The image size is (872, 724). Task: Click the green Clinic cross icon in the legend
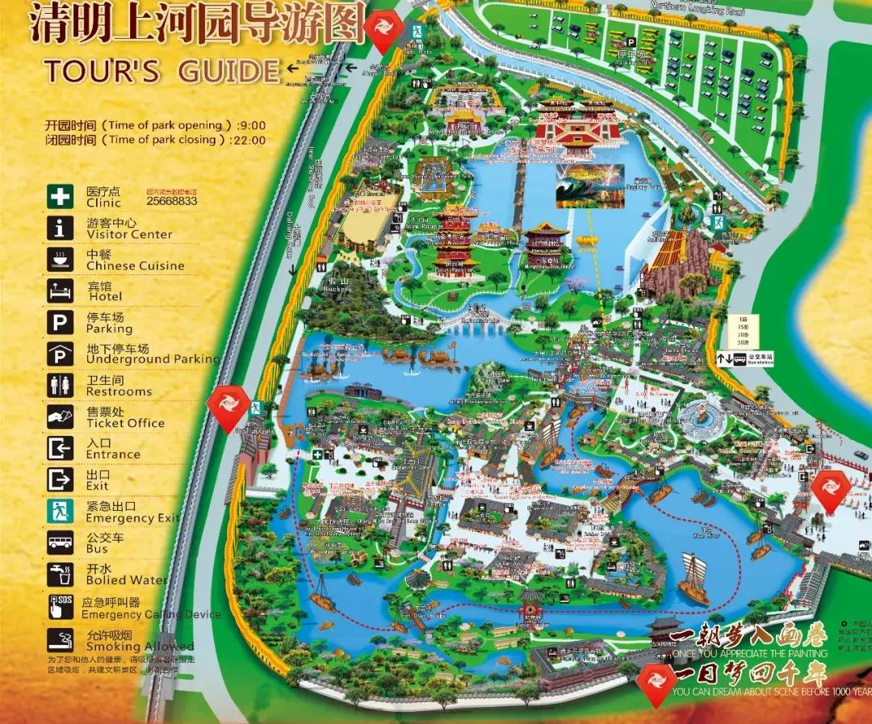(60, 197)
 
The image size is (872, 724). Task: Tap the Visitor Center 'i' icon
(60, 228)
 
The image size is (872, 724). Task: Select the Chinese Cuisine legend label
(135, 266)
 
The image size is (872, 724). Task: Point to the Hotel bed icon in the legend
(60, 291)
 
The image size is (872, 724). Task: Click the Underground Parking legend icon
(60, 354)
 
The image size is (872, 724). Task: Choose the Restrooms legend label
(119, 391)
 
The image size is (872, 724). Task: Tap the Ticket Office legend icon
(60, 416)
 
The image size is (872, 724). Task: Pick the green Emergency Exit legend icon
(60, 511)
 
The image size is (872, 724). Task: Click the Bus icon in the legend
(60, 542)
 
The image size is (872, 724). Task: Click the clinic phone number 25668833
(171, 201)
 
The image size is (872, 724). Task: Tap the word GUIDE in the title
(228, 71)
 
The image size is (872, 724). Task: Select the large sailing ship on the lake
(694, 578)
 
